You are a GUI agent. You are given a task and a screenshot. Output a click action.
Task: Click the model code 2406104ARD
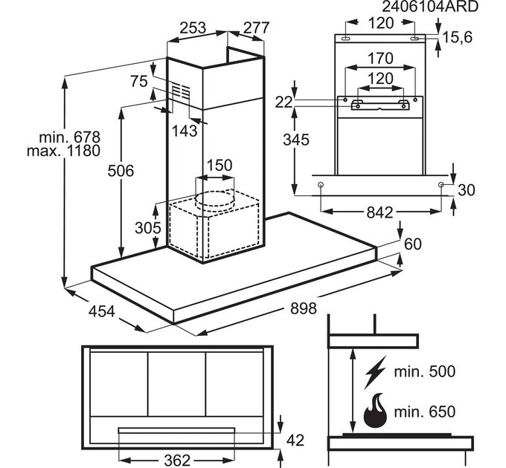[x=430, y=6]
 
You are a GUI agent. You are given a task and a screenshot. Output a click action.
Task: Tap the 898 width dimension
[x=304, y=308]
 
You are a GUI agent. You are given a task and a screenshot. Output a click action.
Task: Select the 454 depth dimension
[x=101, y=311]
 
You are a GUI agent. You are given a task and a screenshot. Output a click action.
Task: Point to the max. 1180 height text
[x=63, y=151]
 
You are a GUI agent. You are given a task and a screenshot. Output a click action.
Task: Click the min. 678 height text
[x=70, y=137]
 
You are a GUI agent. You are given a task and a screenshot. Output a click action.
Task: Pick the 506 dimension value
[x=121, y=171]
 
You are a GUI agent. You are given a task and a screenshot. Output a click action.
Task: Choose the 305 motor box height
[x=148, y=228]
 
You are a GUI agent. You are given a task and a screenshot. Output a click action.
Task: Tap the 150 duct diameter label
[x=220, y=165]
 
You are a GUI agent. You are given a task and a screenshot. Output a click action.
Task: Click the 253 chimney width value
[x=193, y=27]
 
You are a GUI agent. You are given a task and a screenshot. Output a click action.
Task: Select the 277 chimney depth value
[x=256, y=27]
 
